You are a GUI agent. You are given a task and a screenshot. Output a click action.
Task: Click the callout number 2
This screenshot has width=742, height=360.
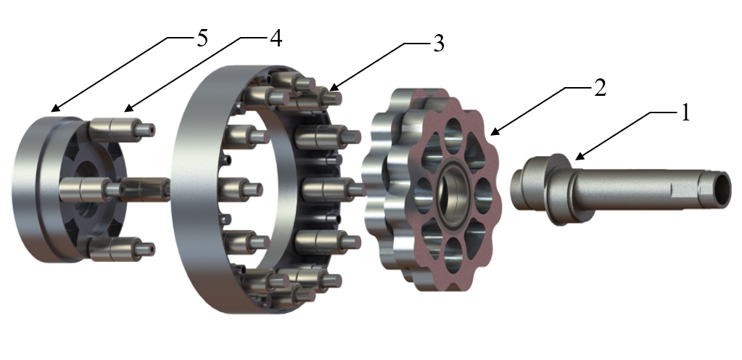click(x=600, y=88)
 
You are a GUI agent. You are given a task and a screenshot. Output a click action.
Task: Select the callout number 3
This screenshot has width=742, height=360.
click(x=439, y=44)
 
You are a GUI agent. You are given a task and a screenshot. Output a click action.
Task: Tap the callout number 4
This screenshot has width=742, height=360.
click(x=276, y=38)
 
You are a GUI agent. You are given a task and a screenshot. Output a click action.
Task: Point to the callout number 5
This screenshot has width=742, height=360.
click(x=202, y=38)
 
